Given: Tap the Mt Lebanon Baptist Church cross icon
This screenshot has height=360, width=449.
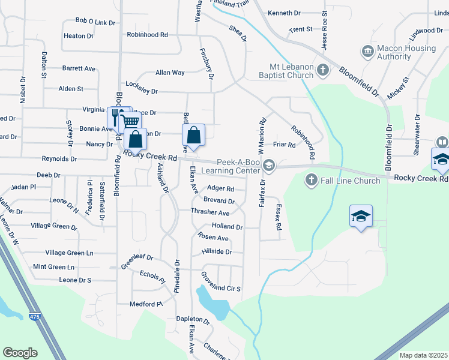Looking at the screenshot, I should pyautogui.click(x=322, y=71).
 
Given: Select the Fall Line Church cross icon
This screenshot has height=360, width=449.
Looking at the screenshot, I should pyautogui.click(x=311, y=179).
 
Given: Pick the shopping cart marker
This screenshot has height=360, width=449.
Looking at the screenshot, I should pyautogui.click(x=132, y=123).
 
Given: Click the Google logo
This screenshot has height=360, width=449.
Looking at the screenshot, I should pyautogui.click(x=20, y=353).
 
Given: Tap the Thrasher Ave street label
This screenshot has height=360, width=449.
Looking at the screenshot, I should pyautogui.click(x=210, y=212).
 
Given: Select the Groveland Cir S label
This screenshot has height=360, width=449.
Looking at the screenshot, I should pyautogui.click(x=220, y=289).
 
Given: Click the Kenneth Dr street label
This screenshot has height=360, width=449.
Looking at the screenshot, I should pyautogui.click(x=284, y=13).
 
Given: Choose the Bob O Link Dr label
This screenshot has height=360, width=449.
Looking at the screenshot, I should pyautogui.click(x=95, y=22).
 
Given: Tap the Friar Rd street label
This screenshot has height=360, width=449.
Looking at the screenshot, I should pyautogui.click(x=284, y=145).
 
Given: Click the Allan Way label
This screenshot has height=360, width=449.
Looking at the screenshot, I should pyautogui.click(x=170, y=73).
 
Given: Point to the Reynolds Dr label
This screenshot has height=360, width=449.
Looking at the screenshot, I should pyautogui.click(x=59, y=159).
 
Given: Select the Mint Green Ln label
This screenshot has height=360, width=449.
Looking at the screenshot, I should pyautogui.click(x=53, y=266).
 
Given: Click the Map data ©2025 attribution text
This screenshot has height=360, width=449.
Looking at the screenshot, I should pyautogui.click(x=423, y=355).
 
